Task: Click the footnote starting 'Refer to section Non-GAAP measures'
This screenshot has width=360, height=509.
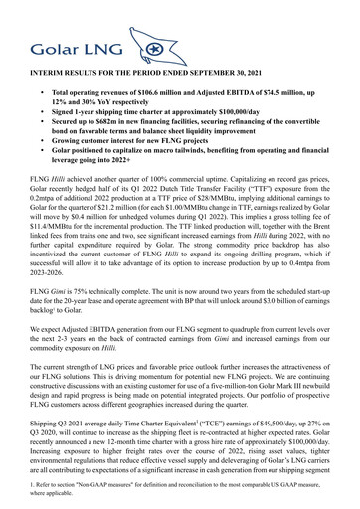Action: coord(179,494)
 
